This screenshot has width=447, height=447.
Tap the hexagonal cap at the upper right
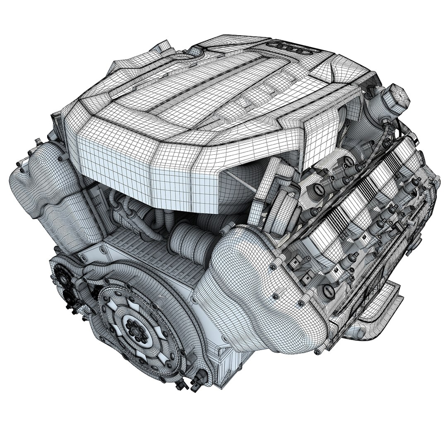(x=397, y=96)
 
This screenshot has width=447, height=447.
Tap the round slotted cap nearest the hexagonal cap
(x=318, y=189)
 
